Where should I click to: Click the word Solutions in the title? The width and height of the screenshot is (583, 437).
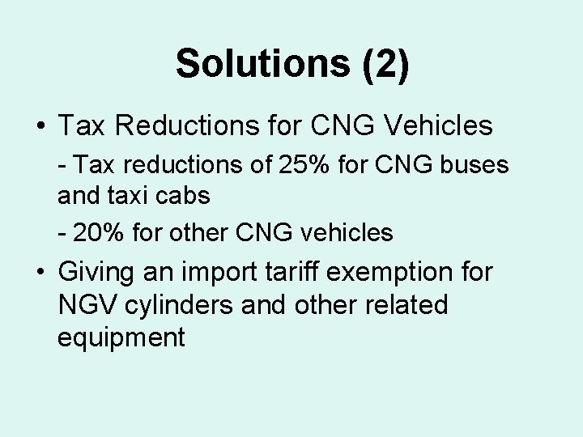point(264,64)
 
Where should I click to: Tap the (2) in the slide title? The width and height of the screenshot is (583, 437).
point(386,64)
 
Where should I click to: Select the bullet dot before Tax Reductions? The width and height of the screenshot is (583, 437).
point(40,127)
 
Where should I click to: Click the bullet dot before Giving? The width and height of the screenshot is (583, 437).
point(40,272)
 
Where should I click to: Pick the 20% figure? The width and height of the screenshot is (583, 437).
point(101,233)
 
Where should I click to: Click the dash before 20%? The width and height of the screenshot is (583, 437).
point(62,234)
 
